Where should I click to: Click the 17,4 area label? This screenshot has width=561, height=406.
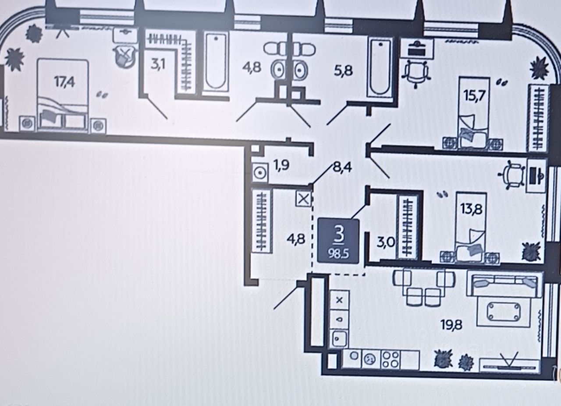coord(64,82)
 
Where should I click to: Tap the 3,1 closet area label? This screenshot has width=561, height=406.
coord(158,64)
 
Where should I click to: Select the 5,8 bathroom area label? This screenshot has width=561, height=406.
coord(343,71)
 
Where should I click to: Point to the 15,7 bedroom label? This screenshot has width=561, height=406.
coord(474,96)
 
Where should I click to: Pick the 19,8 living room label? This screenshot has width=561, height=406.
coord(451,325)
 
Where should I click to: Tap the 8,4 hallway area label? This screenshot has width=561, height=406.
coord(342,167)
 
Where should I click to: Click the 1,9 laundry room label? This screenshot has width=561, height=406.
coord(281,165)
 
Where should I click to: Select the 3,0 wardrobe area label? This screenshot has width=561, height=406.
coord(386,242)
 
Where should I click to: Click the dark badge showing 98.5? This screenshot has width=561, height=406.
coord(338,241)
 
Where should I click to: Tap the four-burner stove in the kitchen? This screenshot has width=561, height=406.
coord(391,360)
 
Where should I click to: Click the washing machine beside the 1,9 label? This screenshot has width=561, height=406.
coord(260,173)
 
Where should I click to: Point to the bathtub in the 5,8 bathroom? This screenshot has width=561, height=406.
coord(380,67)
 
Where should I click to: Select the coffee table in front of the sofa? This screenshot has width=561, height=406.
coord(504,312)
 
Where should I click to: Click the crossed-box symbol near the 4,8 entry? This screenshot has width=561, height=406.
coord(303,199)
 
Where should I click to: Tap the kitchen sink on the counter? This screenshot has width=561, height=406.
coord(339,339)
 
